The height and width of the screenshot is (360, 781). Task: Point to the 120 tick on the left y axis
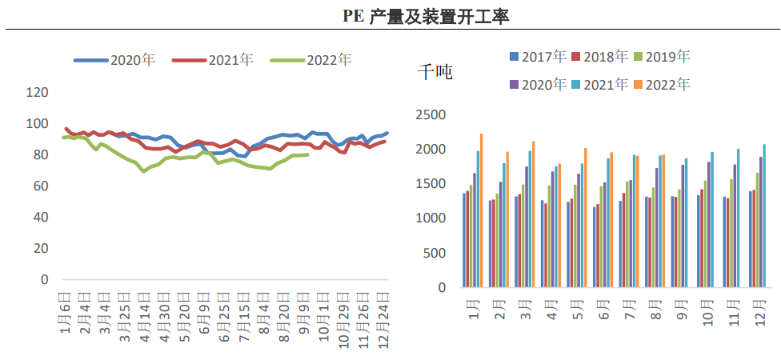point(38,93)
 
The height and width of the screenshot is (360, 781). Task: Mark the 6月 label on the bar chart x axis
point(603,306)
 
